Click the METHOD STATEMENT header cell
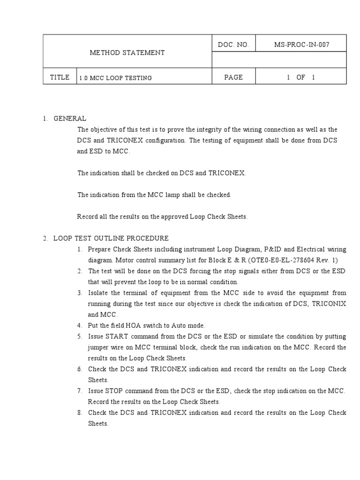tap(127, 52)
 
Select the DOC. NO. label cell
tap(233, 45)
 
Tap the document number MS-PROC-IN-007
tap(301, 45)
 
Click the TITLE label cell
tap(60, 77)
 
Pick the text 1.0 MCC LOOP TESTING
tap(115, 78)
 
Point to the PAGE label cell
tap(233, 77)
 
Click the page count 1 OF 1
tap(301, 77)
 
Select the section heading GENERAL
tap(70, 119)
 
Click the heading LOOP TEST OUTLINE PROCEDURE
tap(111, 238)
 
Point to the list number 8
tap(80, 412)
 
